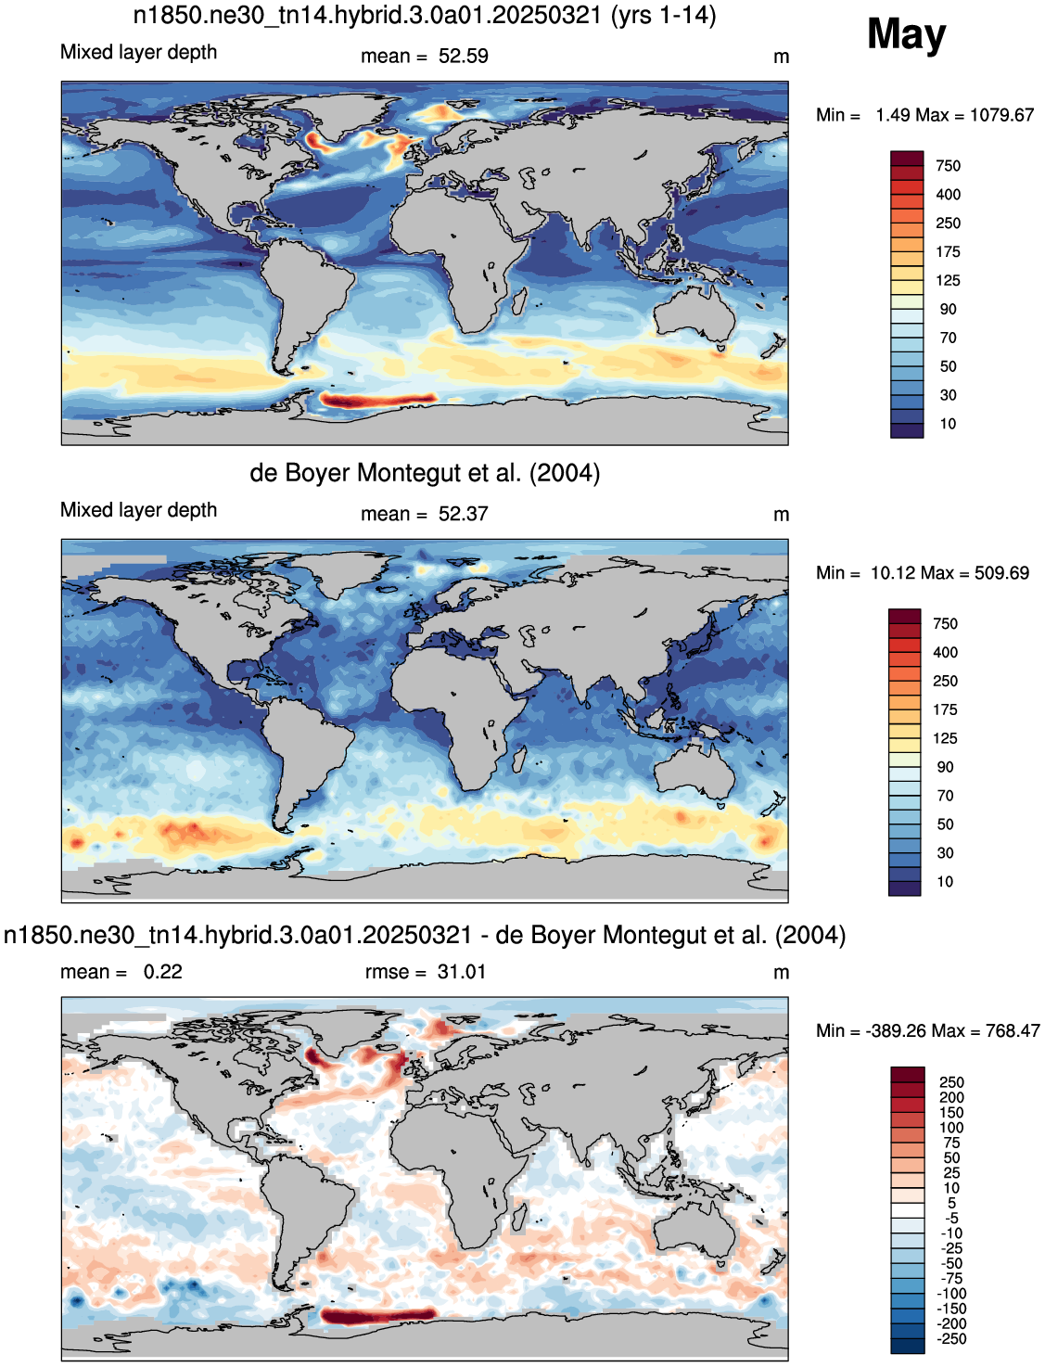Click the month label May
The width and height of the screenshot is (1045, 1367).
tap(906, 35)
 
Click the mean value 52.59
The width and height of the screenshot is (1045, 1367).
tap(463, 56)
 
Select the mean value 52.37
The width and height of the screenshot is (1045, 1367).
tap(463, 514)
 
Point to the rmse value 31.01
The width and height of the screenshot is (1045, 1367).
tap(461, 972)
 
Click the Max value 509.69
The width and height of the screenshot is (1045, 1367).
tap(1002, 573)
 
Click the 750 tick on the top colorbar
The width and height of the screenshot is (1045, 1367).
tap(948, 166)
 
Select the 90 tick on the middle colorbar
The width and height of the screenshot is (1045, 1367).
tap(945, 767)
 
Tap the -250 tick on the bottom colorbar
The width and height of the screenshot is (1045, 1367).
tap(951, 1338)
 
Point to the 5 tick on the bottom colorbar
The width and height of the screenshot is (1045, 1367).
tap(951, 1203)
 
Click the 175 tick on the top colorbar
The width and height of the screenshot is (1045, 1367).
tap(948, 251)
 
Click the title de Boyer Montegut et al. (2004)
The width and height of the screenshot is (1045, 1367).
tap(425, 473)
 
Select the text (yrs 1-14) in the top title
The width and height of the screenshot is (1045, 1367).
tap(664, 15)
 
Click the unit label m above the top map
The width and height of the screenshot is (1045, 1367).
tap(781, 57)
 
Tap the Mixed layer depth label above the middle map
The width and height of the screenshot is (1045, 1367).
tap(138, 510)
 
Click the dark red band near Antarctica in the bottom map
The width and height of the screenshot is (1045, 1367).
tap(377, 1315)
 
